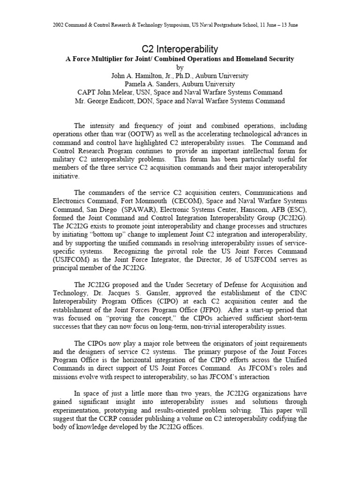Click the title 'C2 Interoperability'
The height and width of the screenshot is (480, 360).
(x=180, y=49)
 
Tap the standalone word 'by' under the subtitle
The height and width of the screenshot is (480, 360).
(x=180, y=67)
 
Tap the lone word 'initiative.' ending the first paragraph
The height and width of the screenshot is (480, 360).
(x=60, y=176)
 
